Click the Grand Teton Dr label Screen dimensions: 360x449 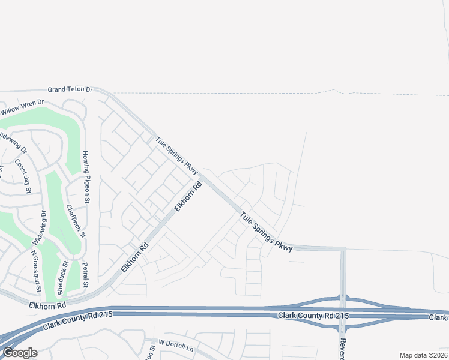pos(70,89)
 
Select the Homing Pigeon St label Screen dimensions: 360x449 pos(86,177)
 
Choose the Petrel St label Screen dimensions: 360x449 pos(86,274)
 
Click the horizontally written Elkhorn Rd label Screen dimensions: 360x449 pos(47,306)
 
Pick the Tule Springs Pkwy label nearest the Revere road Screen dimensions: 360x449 pos(267,231)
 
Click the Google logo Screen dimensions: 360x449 pos(20,353)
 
